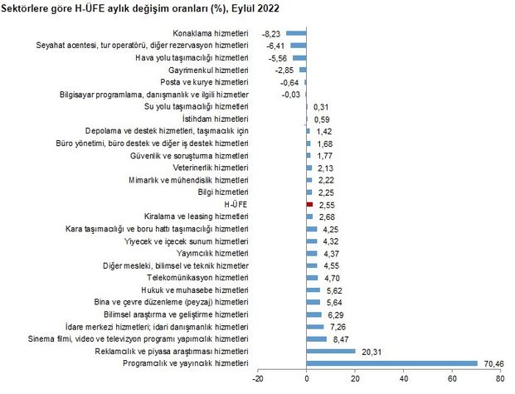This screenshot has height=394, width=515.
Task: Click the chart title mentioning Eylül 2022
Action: [x=141, y=8]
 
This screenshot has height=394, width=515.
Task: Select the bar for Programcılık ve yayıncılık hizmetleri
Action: [x=392, y=362]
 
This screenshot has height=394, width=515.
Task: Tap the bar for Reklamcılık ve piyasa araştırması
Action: [x=331, y=350]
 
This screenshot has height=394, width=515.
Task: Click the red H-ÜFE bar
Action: [x=309, y=203]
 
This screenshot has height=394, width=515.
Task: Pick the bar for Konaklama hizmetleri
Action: [x=297, y=33]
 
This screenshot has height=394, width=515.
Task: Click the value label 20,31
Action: [x=371, y=350]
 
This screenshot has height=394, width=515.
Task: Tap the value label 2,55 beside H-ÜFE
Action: [x=325, y=203]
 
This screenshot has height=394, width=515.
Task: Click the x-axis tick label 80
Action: [x=501, y=379]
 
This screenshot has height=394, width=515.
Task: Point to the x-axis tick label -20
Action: [x=258, y=379]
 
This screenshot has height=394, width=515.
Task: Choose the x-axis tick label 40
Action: [x=404, y=379]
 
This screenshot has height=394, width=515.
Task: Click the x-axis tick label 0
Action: [x=307, y=379]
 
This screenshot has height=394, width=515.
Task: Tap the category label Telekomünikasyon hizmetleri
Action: [x=197, y=277]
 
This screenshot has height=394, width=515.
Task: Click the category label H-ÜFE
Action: [x=236, y=203]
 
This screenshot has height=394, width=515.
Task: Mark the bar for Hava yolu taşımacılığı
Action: [x=300, y=57]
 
